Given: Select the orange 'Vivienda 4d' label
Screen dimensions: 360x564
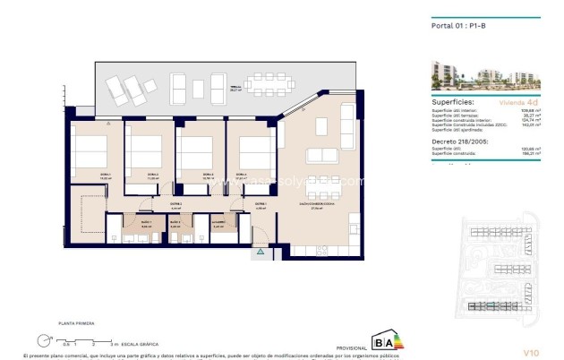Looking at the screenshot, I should [x=522, y=104].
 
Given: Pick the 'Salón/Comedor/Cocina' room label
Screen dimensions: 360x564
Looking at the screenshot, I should [x=316, y=204].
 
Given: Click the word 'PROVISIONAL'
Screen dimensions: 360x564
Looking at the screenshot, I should [x=350, y=347].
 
